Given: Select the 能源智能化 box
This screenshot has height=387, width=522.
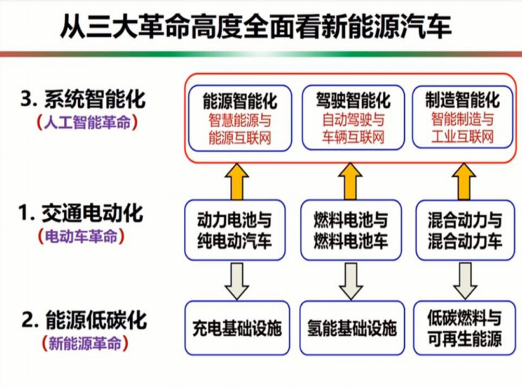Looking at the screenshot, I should (239, 118).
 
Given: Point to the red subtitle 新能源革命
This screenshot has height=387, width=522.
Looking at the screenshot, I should (85, 344).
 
